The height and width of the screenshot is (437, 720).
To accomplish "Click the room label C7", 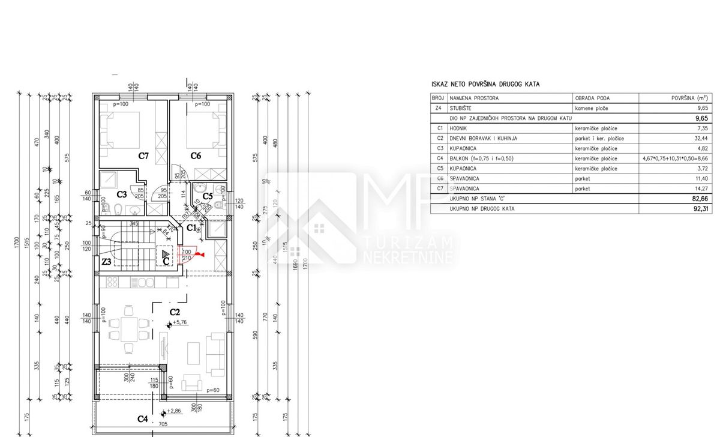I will [x=143, y=156].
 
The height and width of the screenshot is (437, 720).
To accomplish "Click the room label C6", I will [x=196, y=156].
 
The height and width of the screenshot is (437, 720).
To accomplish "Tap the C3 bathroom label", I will [x=121, y=194].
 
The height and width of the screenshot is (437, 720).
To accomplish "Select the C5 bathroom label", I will [x=208, y=196].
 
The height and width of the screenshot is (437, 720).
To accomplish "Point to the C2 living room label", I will [x=175, y=312].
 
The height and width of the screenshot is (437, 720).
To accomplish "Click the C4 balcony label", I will [x=143, y=418].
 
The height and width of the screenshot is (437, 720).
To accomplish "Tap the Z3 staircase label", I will [x=106, y=262].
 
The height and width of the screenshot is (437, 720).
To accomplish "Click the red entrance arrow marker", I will [x=202, y=255].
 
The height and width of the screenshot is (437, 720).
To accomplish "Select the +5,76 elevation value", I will [x=181, y=322].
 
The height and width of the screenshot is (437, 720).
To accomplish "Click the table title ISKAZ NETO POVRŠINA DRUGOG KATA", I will [x=485, y=85].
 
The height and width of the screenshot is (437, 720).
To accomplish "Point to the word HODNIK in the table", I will [x=460, y=128].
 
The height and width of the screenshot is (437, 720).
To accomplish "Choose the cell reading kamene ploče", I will [x=591, y=109].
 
